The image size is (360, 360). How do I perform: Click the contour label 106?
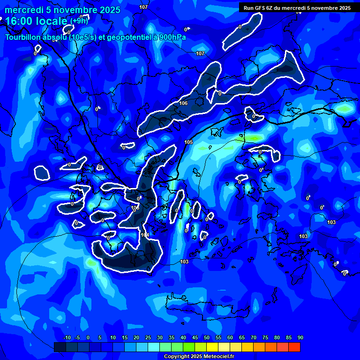[x=183, y=103]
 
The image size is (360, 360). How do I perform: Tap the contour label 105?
[x=188, y=142]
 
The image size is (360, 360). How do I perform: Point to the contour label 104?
[x=145, y=235]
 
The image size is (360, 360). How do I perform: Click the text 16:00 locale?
[x=37, y=21]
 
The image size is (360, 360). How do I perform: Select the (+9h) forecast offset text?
[x=79, y=21]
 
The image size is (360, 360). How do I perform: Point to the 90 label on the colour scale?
[x=300, y=337]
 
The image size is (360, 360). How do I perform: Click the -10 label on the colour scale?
[x=67, y=337]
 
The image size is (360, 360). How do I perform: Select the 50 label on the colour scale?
[x=207, y=337]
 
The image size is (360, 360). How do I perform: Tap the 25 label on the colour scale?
[x=148, y=337]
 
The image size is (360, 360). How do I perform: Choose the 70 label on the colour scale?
[x=254, y=337]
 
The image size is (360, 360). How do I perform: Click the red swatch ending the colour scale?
[x=294, y=347]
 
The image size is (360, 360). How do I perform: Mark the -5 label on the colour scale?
[x=77, y=337]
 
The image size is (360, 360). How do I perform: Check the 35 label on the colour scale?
[x=172, y=337]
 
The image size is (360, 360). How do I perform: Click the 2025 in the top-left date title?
[x=110, y=10]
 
